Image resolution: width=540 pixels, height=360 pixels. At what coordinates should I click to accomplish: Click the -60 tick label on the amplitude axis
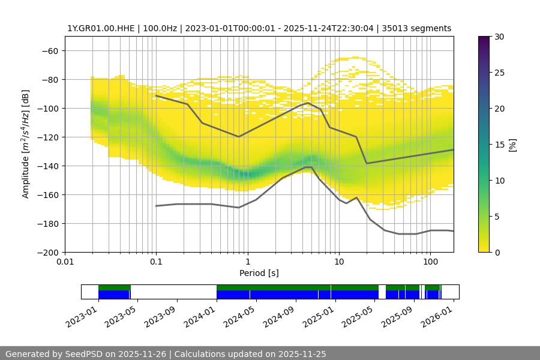[50, 50]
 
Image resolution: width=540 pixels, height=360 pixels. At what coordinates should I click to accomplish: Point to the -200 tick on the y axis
[48, 252]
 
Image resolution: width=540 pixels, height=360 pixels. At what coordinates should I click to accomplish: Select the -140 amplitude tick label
[48, 166]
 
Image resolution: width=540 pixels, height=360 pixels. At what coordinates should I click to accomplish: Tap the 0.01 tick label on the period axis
[65, 262]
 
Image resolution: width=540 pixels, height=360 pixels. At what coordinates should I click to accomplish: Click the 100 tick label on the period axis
[430, 262]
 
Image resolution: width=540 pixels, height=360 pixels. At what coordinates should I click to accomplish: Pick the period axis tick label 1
[247, 262]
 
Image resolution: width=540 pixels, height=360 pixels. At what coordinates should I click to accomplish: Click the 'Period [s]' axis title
[259, 273]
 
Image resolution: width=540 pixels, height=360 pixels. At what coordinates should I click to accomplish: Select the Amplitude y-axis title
[26, 144]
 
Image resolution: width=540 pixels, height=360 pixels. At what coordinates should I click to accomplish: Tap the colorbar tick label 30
[499, 37]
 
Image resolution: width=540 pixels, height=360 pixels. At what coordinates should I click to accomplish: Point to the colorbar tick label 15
[499, 145]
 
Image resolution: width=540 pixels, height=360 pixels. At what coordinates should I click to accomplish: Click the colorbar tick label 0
[496, 252]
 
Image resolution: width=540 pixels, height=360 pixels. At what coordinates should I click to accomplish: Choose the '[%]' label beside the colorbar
[512, 145]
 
